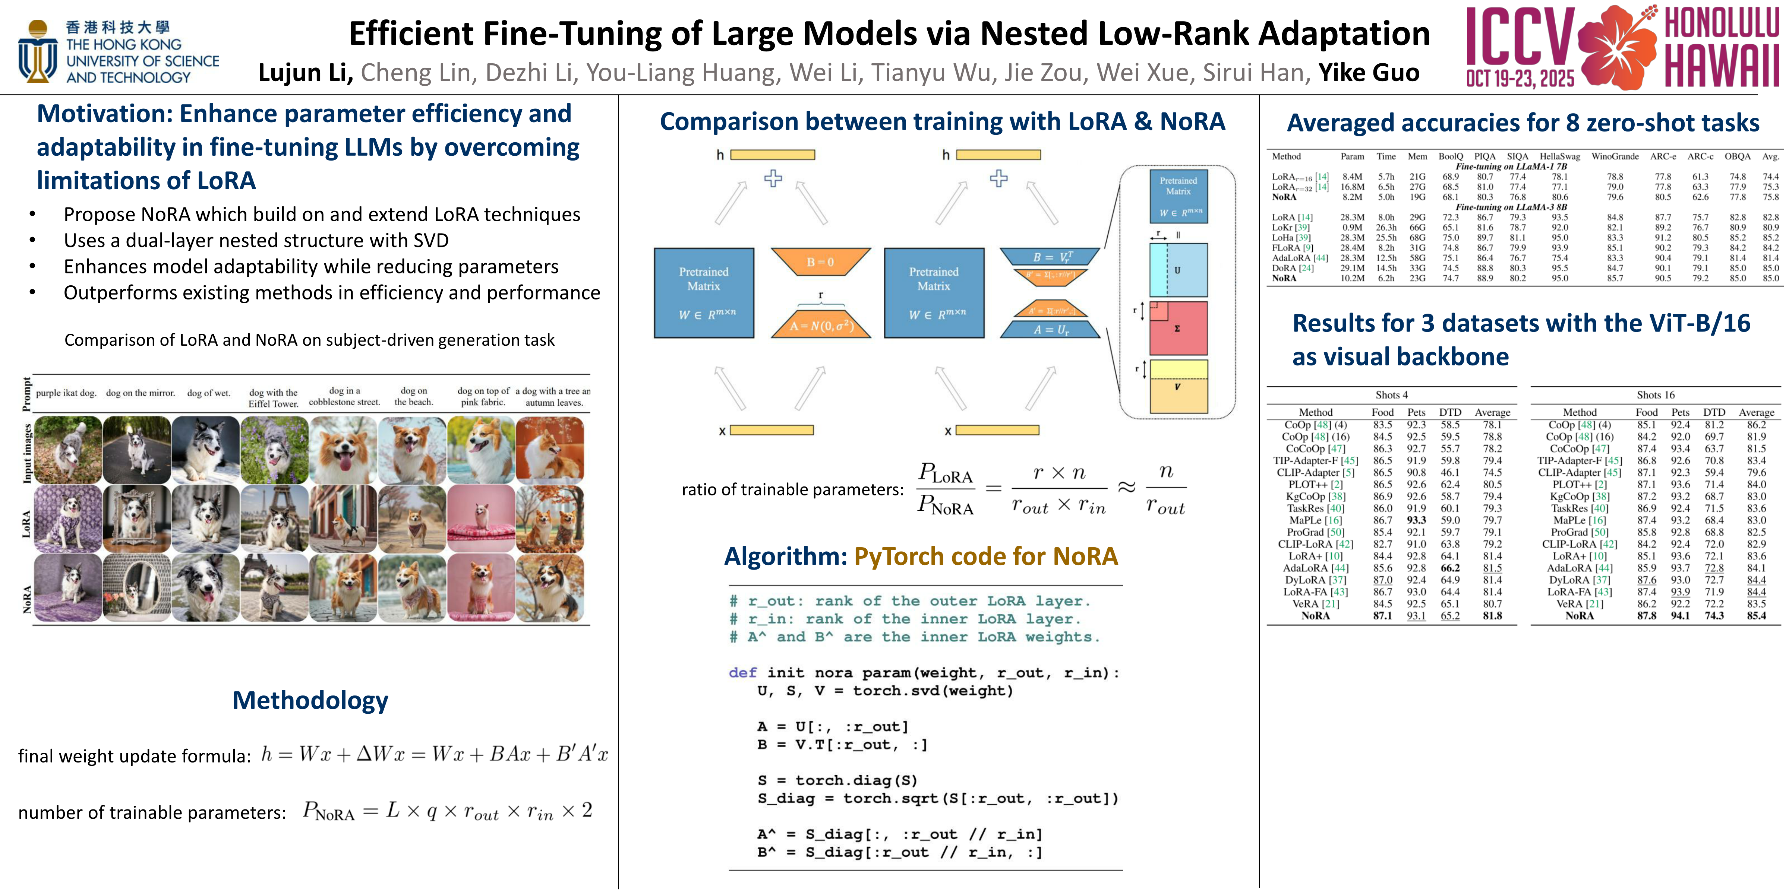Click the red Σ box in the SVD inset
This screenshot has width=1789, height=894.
click(x=1179, y=328)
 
